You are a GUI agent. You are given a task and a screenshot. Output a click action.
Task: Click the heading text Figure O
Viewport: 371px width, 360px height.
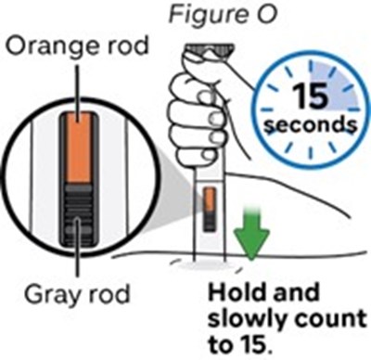(223, 14)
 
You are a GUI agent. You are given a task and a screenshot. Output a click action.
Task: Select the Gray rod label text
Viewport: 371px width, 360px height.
(77, 296)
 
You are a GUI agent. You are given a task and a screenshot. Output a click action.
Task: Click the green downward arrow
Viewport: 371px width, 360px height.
(251, 233)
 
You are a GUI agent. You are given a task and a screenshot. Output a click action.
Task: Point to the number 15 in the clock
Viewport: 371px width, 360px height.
(310, 96)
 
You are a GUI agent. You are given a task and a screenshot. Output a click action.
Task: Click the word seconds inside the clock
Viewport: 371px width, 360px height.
(310, 125)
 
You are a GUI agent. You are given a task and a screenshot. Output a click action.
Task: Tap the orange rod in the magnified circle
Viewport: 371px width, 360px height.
(79, 148)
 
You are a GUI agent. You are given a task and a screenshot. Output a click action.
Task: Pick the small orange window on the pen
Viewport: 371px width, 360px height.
(210, 199)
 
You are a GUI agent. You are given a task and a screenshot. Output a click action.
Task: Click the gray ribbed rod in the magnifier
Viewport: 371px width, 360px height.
(79, 214)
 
